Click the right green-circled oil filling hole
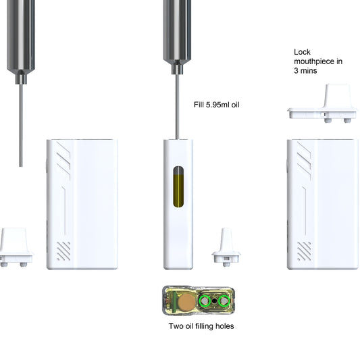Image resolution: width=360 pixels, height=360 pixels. coord(224,301)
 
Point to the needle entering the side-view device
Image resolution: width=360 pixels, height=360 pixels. coord(178,108)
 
